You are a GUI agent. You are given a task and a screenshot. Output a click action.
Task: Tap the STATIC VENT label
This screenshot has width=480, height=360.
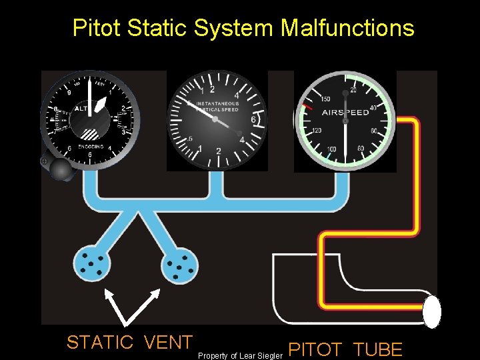click(129, 342)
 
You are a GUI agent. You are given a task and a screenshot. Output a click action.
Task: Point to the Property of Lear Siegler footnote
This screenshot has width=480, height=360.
click(241, 355)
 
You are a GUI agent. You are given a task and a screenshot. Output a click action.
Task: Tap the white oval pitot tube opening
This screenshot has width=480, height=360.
click(432, 311)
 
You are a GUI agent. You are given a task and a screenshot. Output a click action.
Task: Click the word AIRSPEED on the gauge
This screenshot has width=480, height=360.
click(346, 113)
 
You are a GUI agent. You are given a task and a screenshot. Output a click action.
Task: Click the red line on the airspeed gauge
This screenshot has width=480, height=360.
click(307, 107)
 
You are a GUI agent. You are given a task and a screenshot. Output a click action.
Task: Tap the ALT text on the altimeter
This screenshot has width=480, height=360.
click(81, 107)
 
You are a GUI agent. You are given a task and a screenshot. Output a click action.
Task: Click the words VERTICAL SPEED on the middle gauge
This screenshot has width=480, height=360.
click(218, 109)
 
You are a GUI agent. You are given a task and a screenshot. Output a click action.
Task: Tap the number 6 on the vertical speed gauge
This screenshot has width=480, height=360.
click(253, 119)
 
